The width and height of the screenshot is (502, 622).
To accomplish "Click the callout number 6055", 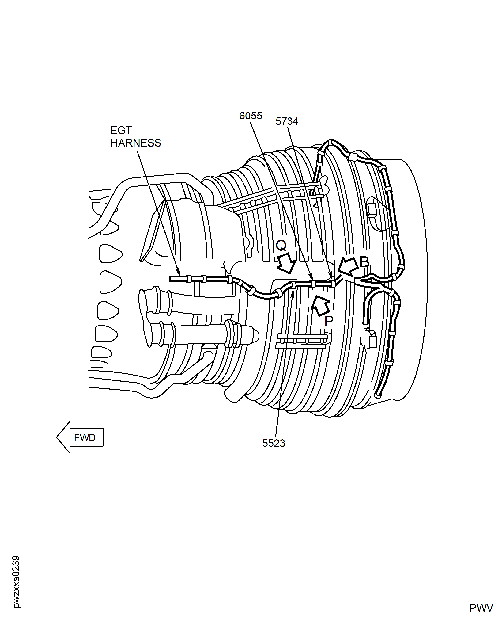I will pos(250,116).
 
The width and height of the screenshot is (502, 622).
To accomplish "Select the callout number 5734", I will pos(287,121).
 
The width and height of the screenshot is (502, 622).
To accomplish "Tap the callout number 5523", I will pos(274,443).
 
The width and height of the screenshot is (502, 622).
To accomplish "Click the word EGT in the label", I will pos(121,131).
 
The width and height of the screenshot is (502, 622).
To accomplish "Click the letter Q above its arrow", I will pos(281,246).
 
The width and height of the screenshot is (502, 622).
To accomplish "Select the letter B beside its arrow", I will pos(364,262).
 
